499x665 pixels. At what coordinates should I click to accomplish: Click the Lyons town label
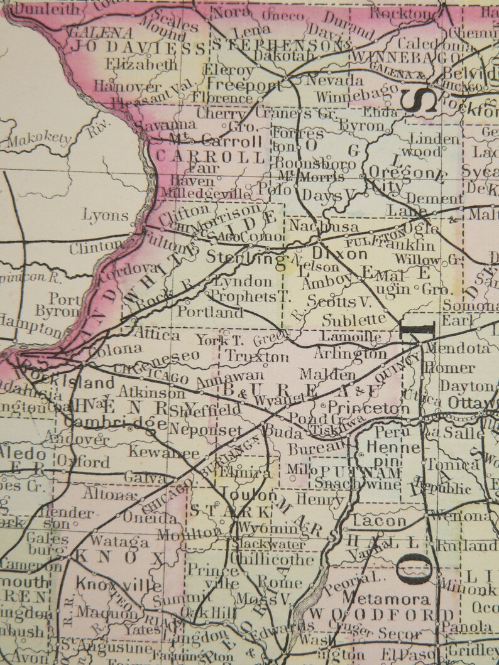[106, 215]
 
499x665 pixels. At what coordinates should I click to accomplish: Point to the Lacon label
[380, 521]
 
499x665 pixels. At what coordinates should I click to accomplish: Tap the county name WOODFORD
[382, 614]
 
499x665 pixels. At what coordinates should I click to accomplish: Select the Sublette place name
[354, 320]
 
